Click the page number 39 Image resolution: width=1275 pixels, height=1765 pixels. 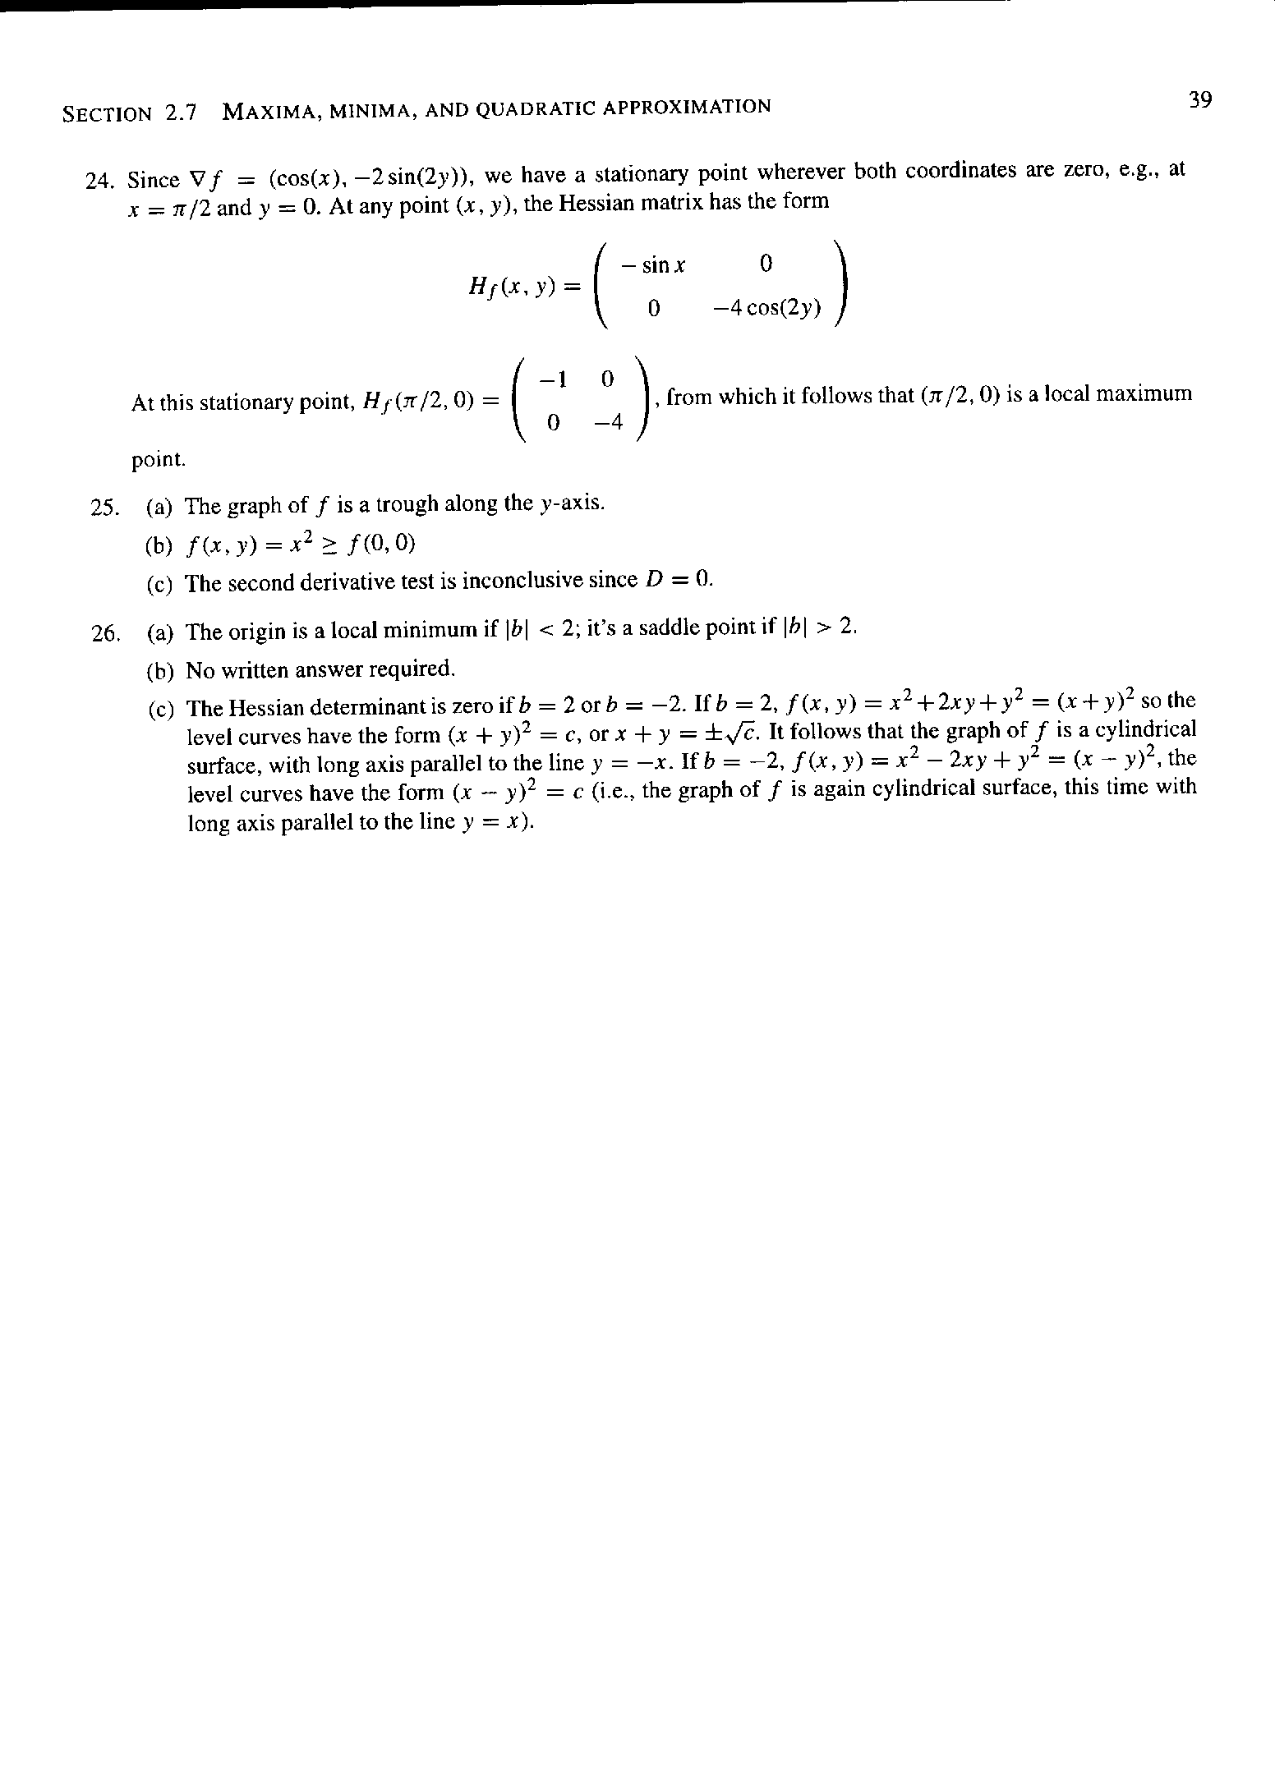(1199, 100)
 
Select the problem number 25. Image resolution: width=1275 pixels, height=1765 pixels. (104, 508)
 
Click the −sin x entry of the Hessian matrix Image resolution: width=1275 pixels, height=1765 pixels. (654, 265)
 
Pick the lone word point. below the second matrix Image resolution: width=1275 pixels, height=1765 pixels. (159, 460)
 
